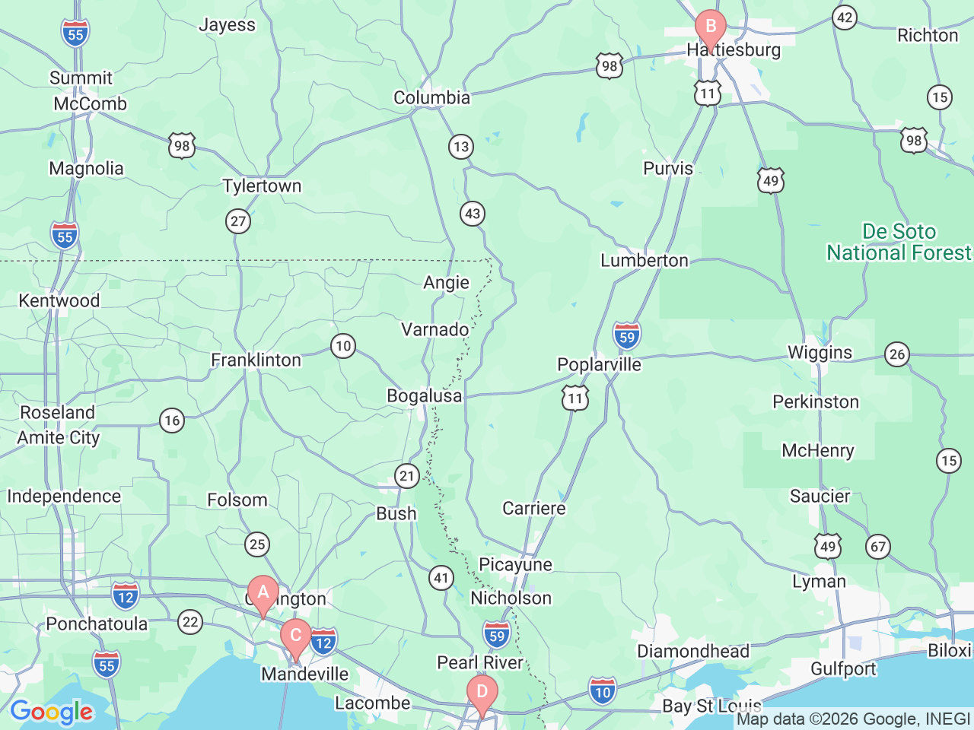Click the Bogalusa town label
(x=424, y=396)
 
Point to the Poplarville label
(x=599, y=365)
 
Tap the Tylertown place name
(x=262, y=186)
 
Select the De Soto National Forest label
(x=899, y=243)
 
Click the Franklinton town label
(x=256, y=360)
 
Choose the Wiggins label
(x=820, y=353)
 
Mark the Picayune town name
(x=515, y=565)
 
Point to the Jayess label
(x=227, y=25)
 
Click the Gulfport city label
(x=843, y=669)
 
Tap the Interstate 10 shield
(x=602, y=692)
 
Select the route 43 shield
(x=473, y=214)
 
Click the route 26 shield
(x=898, y=354)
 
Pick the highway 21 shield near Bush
(x=407, y=477)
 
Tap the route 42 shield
(x=845, y=17)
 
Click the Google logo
(x=51, y=713)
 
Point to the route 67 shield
(x=878, y=547)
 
